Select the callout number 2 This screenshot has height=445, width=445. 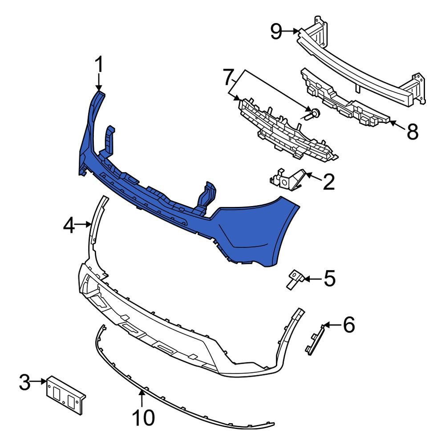coord(328,182)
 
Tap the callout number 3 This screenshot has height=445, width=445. coord(25,382)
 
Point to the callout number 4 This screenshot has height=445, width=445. coord(69,226)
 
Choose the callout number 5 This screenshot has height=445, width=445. coord(329,279)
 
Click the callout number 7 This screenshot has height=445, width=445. coord(228,78)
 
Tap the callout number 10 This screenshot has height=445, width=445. coord(143,417)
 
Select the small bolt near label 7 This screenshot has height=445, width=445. coord(314,113)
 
